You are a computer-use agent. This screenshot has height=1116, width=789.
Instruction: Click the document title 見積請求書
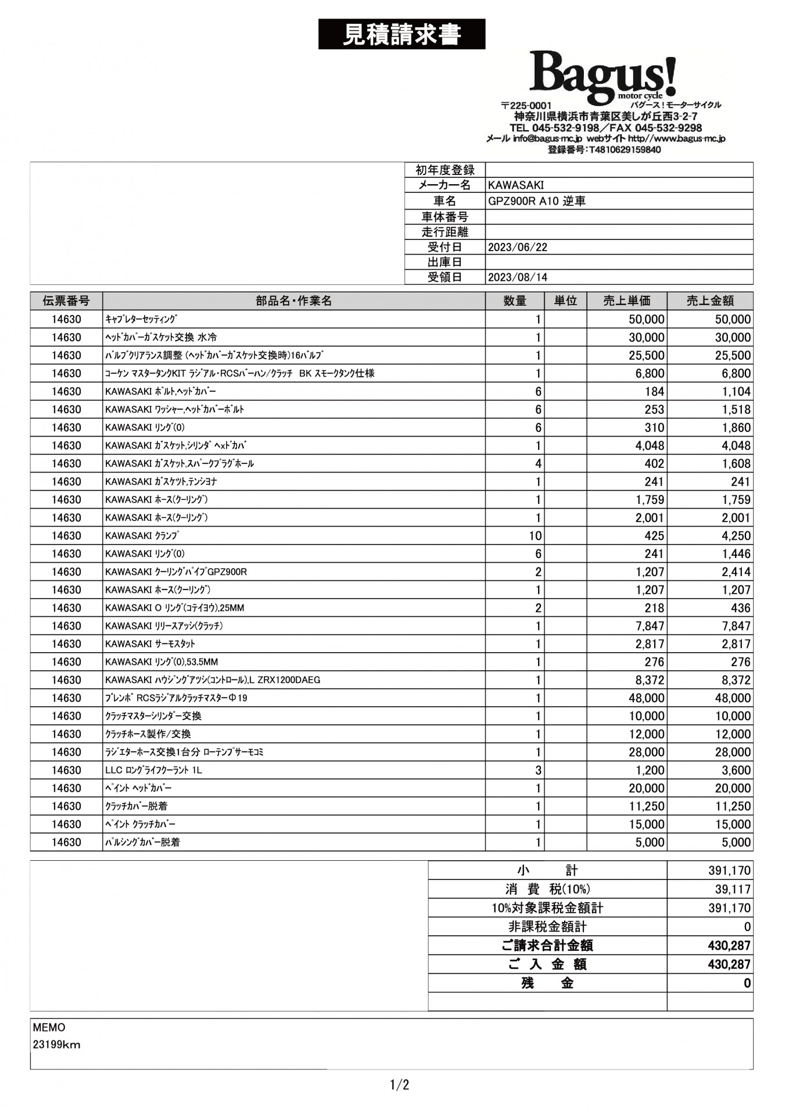pyautogui.click(x=401, y=34)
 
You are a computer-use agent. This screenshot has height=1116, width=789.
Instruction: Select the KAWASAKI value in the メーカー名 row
pyautogui.click(x=516, y=185)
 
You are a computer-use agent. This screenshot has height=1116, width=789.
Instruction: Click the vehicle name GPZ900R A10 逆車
pyautogui.click(x=536, y=201)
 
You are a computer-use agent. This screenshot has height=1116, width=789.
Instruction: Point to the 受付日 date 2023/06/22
pyautogui.click(x=517, y=247)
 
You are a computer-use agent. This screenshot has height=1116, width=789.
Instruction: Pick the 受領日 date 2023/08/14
pyautogui.click(x=517, y=277)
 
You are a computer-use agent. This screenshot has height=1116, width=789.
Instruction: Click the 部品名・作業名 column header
pyautogui.click(x=293, y=301)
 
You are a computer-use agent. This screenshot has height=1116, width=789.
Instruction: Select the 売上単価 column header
pyautogui.click(x=626, y=301)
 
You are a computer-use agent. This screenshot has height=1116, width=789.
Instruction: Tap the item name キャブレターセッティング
pyautogui.click(x=141, y=319)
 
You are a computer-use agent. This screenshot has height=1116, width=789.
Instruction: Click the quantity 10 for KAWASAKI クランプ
pyautogui.click(x=535, y=536)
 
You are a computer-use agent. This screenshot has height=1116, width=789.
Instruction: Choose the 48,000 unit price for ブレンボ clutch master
pyautogui.click(x=646, y=698)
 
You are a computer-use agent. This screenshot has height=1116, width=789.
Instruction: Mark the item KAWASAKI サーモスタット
pyautogui.click(x=150, y=644)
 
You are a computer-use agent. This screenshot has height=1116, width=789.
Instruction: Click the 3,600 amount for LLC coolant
pyautogui.click(x=736, y=770)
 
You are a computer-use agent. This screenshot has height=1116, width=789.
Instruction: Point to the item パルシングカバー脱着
pyautogui.click(x=142, y=842)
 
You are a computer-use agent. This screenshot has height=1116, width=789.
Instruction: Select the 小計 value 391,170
pyautogui.click(x=729, y=871)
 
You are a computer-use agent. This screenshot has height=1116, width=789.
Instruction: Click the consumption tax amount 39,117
pyautogui.click(x=733, y=889)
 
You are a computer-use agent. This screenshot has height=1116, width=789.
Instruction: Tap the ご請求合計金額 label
pyautogui.click(x=547, y=946)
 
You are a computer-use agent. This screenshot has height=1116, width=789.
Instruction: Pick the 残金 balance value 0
pyautogui.click(x=747, y=983)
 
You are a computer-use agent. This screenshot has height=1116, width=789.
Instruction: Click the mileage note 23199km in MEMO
pyautogui.click(x=56, y=1045)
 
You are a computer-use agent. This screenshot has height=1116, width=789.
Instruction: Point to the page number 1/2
pyautogui.click(x=399, y=1085)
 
